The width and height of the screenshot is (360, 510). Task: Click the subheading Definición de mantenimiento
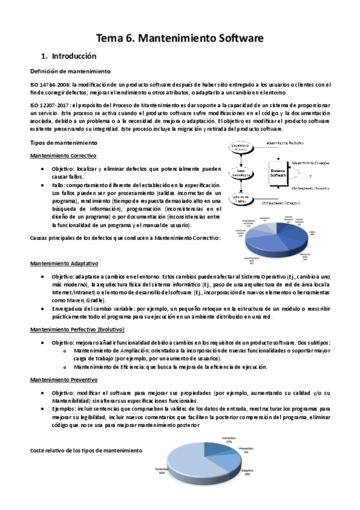[x=63, y=72]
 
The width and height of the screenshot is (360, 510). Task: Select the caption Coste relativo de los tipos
[x=86, y=450]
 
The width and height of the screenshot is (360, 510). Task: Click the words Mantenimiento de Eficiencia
[x=108, y=366]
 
